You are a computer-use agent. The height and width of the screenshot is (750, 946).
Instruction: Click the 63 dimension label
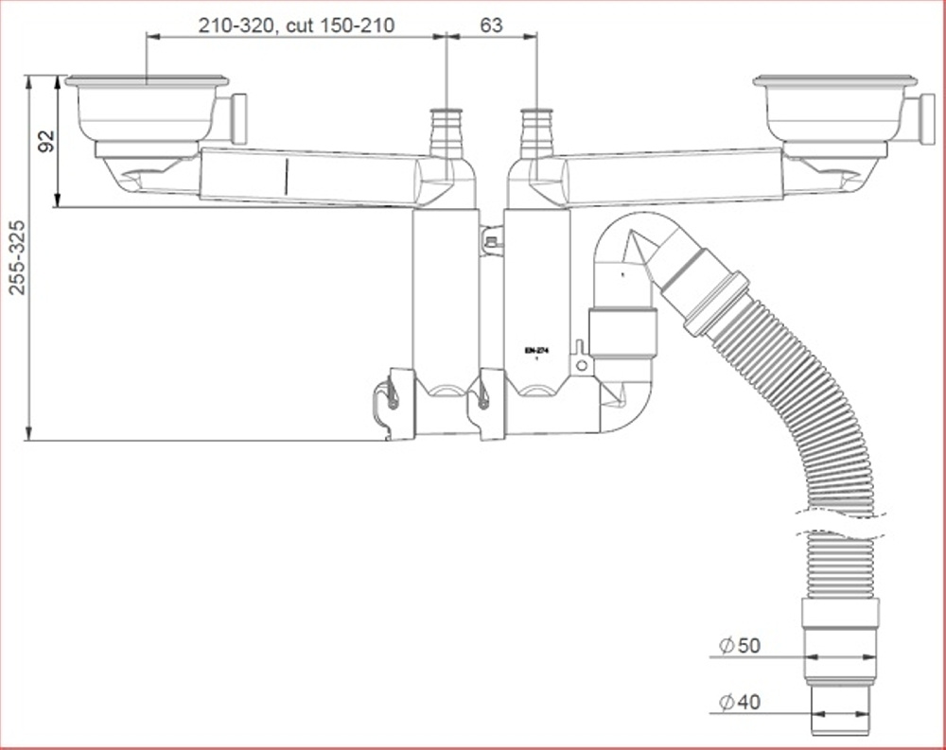coord(491,25)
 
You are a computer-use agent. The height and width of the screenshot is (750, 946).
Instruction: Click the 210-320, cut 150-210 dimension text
coord(296,26)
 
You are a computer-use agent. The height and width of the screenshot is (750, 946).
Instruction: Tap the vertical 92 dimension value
coord(46,141)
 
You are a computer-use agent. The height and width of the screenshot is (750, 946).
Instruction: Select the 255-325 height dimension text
coord(19,257)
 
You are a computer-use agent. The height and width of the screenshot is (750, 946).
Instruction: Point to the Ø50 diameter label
coord(740,646)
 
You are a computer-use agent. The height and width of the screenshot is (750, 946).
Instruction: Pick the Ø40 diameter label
coord(740,703)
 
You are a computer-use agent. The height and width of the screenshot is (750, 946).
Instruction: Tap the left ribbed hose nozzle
coord(447,133)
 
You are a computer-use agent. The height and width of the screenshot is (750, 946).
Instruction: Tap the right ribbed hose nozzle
coord(536,133)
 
